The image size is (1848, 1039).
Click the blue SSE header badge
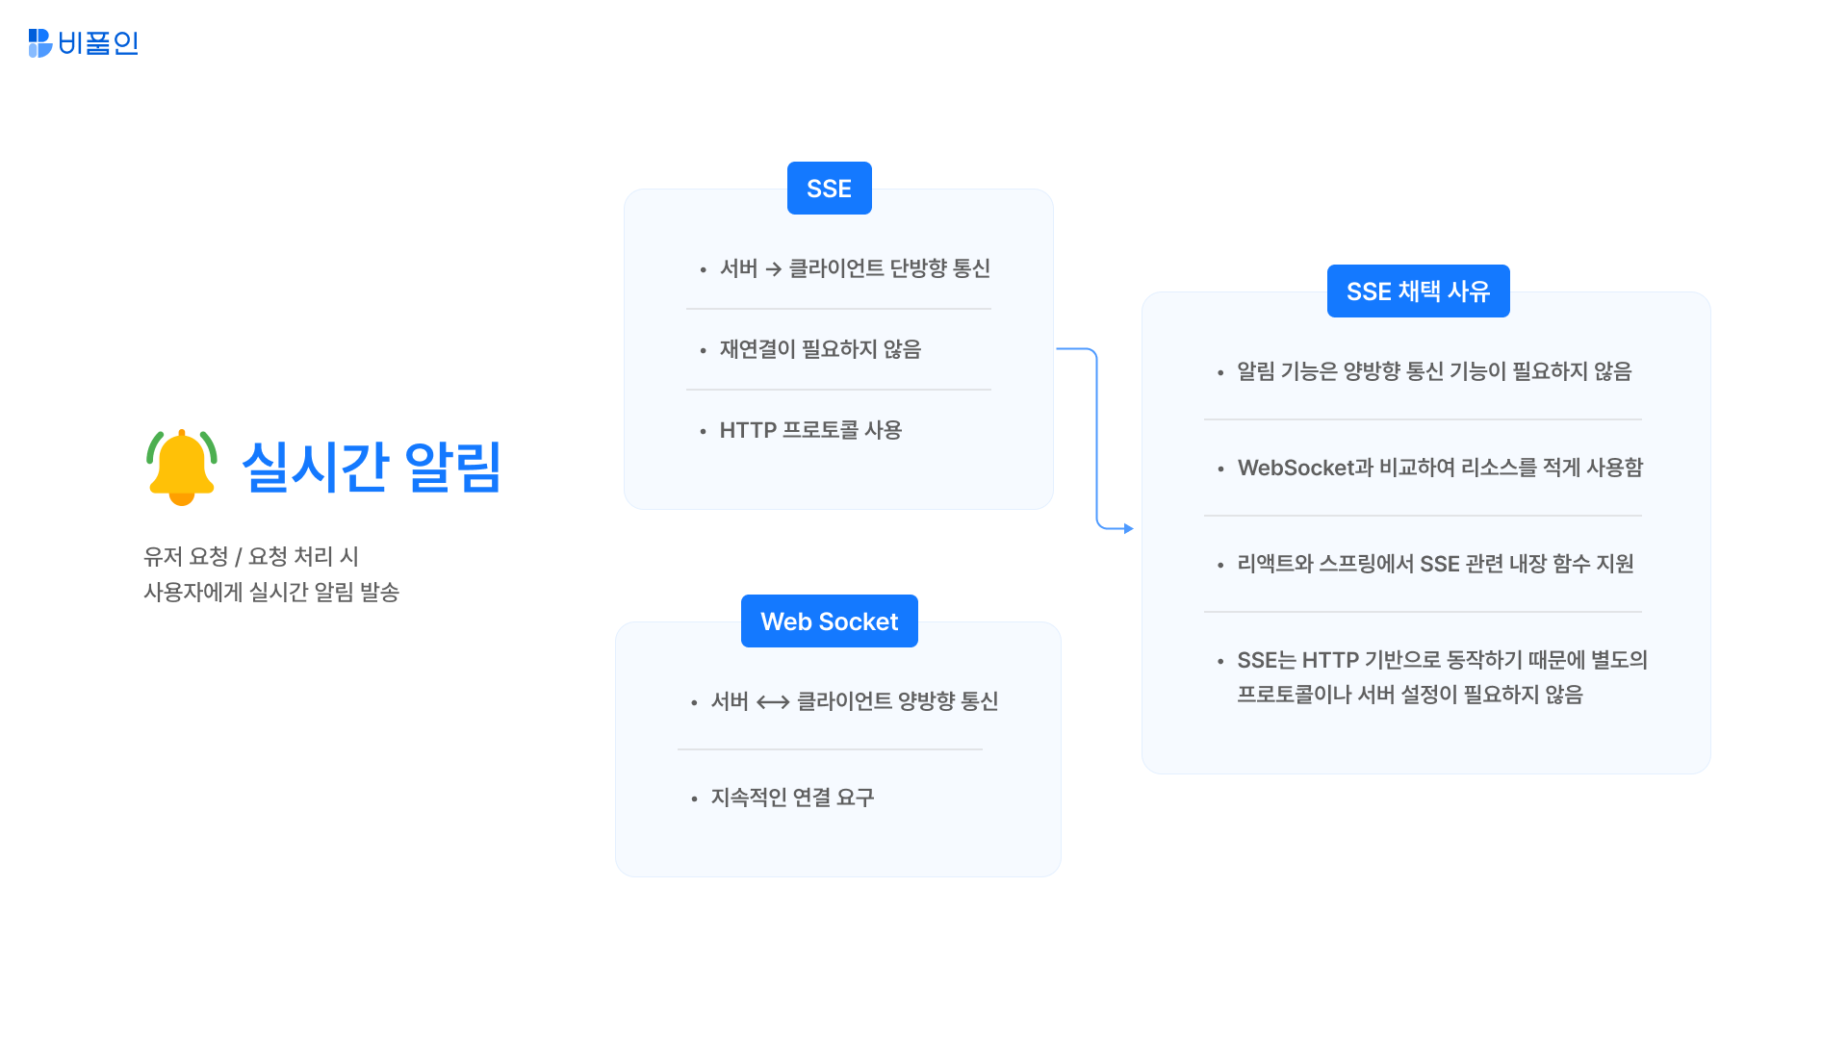[829, 189]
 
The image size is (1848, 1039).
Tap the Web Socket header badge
[829, 621]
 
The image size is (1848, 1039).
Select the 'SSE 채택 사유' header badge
[1418, 291]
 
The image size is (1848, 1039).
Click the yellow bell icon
[182, 467]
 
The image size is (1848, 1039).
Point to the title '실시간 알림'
[371, 468]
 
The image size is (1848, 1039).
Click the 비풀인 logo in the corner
[84, 43]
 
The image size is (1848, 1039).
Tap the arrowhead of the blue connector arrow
[1128, 528]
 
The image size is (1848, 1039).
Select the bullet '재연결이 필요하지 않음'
[820, 349]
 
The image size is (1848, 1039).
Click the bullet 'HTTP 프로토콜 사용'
[810, 430]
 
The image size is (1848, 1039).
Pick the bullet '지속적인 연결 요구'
[792, 798]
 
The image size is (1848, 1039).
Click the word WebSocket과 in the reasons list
[1305, 468]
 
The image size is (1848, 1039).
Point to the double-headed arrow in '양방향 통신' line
[773, 702]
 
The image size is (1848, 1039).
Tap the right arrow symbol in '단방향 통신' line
[773, 269]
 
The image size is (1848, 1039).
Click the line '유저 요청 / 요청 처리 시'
[251, 556]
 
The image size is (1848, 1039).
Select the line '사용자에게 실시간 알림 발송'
[271, 592]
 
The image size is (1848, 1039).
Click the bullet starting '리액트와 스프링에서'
[1435, 564]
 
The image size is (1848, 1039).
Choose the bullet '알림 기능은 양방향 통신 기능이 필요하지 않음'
[1434, 371]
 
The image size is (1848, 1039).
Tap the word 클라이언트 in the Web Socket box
[844, 701]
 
